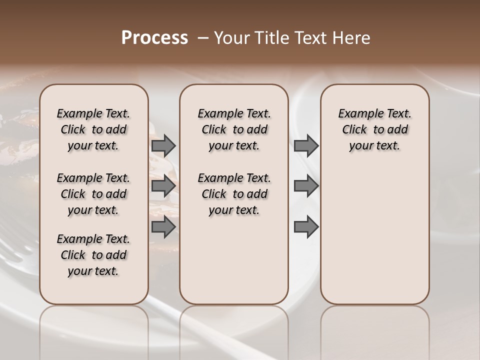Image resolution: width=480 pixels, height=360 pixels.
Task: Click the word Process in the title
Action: tap(154, 38)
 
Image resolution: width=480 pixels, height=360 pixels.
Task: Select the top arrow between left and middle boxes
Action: tap(163, 146)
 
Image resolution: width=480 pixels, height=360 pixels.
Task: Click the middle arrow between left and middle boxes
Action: tap(163, 186)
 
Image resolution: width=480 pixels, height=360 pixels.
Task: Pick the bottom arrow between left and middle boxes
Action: tap(163, 226)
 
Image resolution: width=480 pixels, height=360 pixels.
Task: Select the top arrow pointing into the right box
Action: tap(306, 146)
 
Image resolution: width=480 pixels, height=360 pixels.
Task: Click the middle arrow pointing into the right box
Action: tap(306, 186)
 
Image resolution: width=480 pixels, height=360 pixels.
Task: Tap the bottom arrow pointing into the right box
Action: tap(306, 226)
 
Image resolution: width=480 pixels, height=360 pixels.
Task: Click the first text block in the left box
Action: tap(93, 129)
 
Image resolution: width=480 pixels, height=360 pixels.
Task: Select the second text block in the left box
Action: tap(93, 194)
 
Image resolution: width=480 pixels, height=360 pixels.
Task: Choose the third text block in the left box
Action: tap(93, 255)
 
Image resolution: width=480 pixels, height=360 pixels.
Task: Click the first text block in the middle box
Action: tap(234, 129)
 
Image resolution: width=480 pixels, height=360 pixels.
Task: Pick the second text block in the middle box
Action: tap(234, 194)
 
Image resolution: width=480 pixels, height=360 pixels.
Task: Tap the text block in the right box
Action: tap(374, 129)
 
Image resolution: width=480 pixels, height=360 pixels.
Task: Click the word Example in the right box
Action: tap(357, 114)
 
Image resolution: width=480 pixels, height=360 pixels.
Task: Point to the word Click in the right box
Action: tap(354, 130)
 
